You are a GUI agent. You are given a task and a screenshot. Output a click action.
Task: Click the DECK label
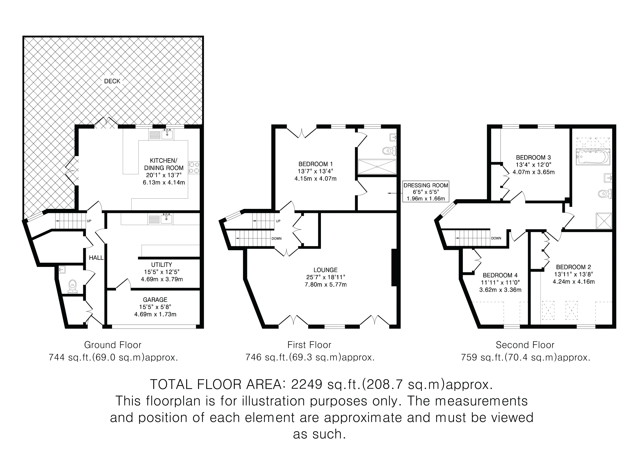(112, 81)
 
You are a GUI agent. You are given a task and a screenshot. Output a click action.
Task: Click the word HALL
(96, 258)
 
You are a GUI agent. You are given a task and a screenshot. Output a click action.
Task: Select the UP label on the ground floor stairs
(89, 221)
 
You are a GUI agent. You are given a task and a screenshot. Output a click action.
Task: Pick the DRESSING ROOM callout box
(426, 192)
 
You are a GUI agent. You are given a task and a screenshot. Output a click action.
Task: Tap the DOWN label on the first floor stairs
(277, 238)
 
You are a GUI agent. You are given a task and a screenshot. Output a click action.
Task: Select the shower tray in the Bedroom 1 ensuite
(377, 167)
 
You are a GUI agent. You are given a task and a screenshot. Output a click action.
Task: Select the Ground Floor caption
(113, 345)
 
